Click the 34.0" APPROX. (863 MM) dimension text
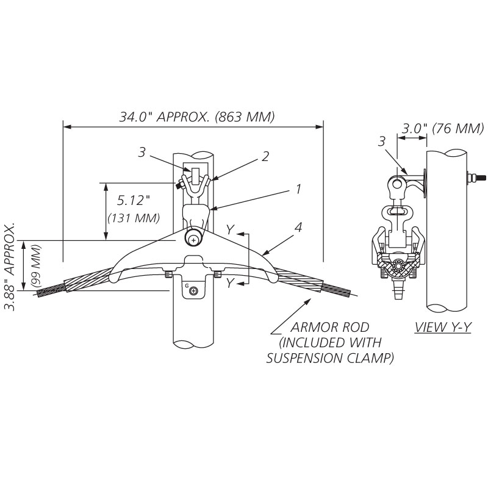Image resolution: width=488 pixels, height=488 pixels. tap(196, 116)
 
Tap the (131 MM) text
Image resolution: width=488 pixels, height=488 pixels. tap(134, 217)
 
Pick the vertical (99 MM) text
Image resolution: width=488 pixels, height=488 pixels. tap(37, 266)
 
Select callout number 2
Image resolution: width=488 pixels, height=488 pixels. tap(265, 156)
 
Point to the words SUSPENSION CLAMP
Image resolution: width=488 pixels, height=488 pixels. tap(329, 358)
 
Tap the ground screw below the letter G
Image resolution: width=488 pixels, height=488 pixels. tap(193, 291)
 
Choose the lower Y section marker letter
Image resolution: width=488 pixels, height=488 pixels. tap(229, 284)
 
